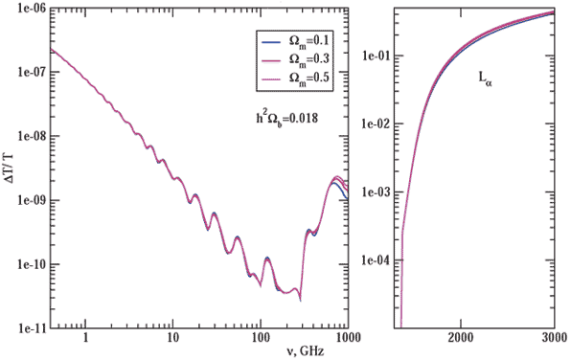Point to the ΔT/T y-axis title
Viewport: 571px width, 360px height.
coord(10,173)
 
